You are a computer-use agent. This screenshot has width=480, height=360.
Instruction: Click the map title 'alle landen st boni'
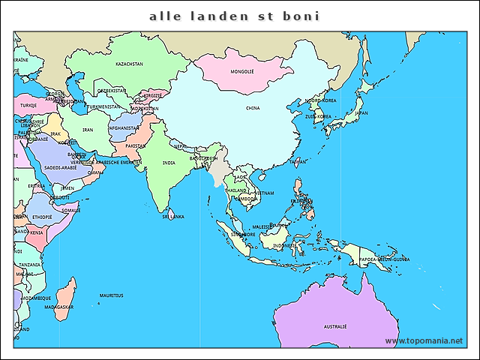(234, 15)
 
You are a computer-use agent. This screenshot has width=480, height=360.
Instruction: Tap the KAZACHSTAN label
(129, 64)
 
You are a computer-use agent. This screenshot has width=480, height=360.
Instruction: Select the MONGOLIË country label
(242, 72)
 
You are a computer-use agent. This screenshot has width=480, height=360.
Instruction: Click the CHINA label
(253, 108)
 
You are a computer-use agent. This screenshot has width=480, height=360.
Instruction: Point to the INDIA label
(169, 162)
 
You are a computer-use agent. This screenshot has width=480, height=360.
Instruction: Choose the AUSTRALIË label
(334, 327)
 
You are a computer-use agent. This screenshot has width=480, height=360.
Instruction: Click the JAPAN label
(361, 113)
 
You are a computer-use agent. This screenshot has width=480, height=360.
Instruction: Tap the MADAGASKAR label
(58, 307)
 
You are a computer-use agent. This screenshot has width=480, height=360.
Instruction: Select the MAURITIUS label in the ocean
(112, 296)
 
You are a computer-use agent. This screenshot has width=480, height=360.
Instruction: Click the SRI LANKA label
(173, 216)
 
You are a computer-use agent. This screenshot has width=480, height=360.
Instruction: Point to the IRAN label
(88, 130)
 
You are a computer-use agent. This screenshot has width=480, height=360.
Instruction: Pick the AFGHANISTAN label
(122, 128)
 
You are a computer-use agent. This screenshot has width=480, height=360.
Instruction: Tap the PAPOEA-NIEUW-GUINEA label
(384, 259)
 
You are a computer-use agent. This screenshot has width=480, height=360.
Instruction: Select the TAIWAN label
(298, 161)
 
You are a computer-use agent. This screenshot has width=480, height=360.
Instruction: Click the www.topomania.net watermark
(424, 341)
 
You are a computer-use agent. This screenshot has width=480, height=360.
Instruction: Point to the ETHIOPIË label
(42, 217)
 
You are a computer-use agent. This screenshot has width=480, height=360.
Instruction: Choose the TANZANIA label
(30, 265)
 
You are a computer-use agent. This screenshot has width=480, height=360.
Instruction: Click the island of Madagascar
(66, 296)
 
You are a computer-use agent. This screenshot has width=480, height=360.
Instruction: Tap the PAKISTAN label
(136, 145)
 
